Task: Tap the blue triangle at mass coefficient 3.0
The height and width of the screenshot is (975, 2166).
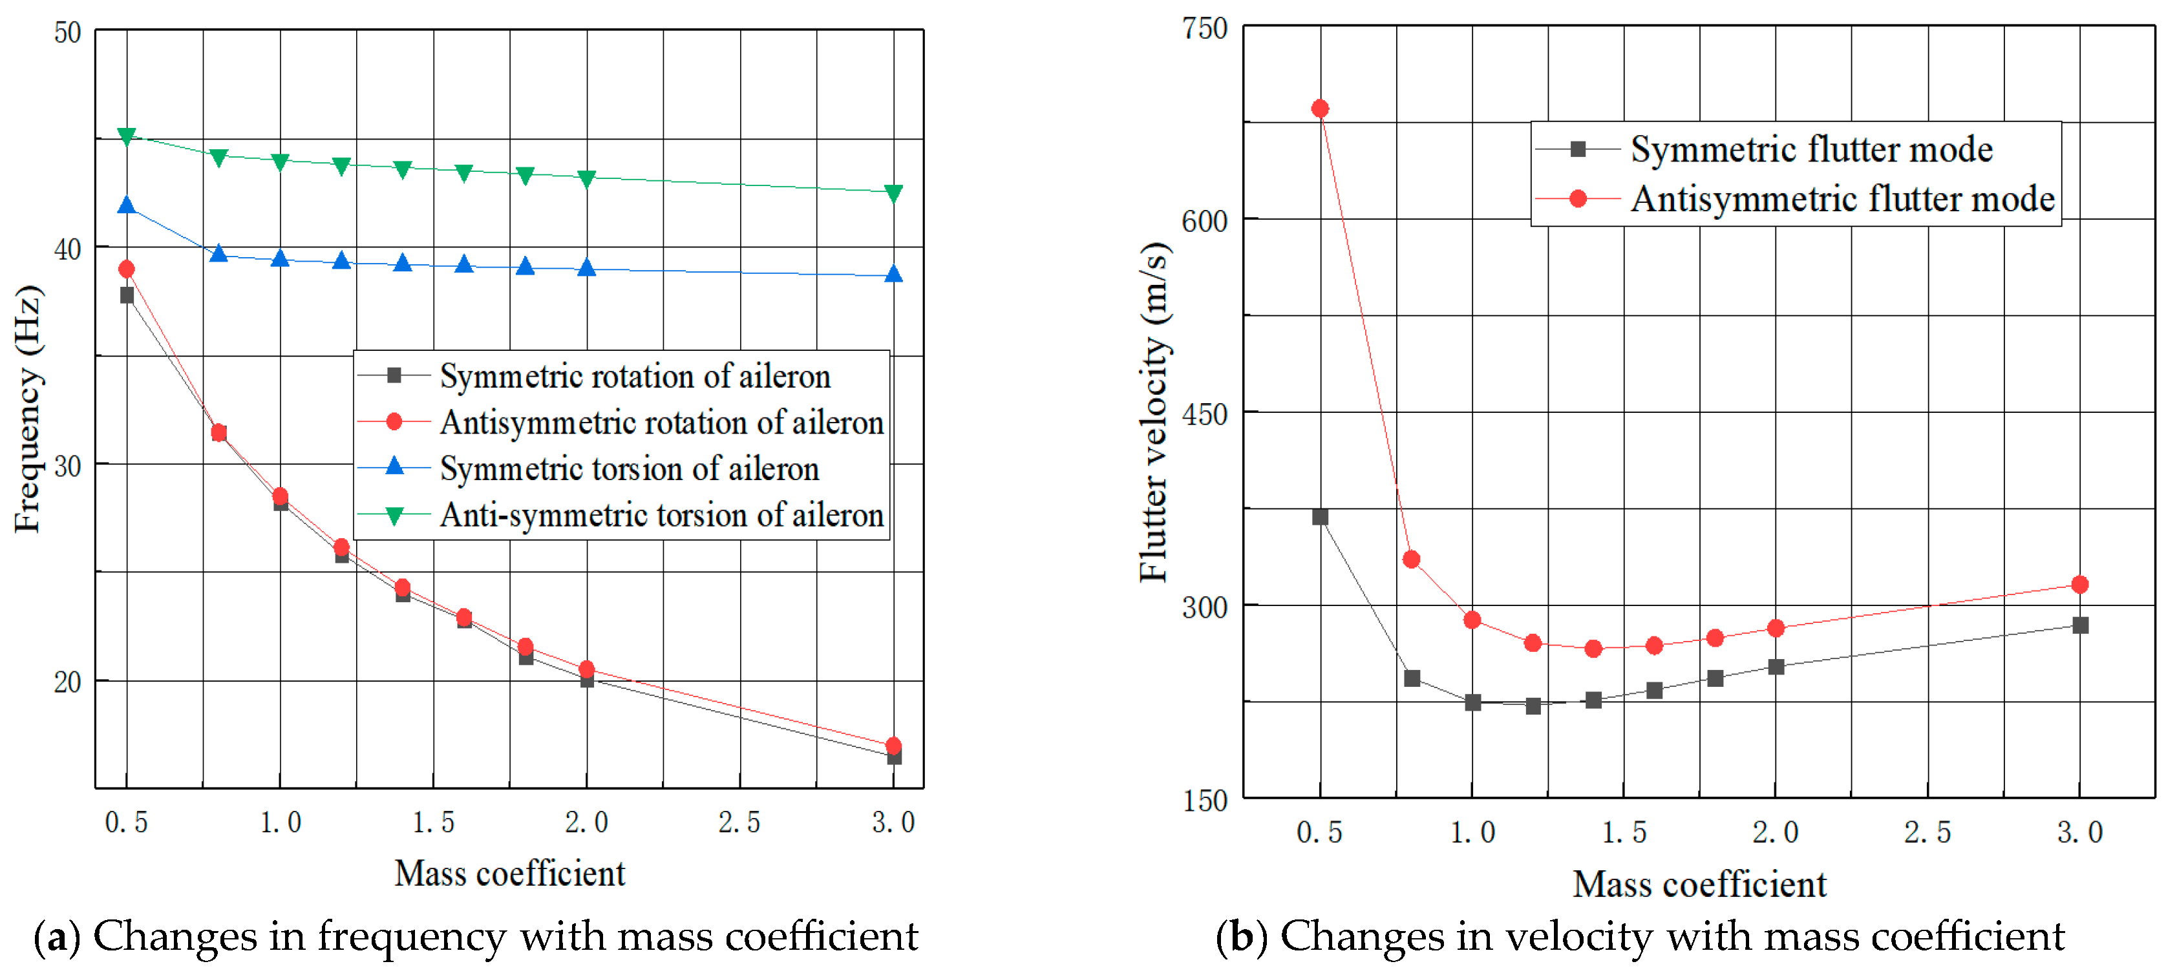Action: pyautogui.click(x=894, y=274)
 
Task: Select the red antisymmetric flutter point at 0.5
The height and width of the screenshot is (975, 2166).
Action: pyautogui.click(x=1320, y=109)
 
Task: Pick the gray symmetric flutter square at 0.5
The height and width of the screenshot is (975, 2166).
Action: pyautogui.click(x=1320, y=517)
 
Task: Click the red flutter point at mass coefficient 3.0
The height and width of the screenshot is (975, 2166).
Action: pyautogui.click(x=2080, y=584)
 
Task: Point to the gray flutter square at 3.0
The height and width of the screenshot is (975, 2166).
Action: pyautogui.click(x=2080, y=625)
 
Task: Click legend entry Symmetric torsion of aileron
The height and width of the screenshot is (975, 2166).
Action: pyautogui.click(x=629, y=469)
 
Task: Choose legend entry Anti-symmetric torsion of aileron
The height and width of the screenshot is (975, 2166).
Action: pyautogui.click(x=661, y=515)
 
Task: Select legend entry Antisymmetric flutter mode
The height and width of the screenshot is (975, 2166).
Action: pyautogui.click(x=1842, y=199)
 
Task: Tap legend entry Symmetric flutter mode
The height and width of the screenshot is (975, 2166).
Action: pyautogui.click(x=1811, y=150)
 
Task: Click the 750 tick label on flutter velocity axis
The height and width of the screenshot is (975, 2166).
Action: pyautogui.click(x=1205, y=30)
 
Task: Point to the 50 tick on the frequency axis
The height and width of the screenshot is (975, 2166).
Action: pyautogui.click(x=67, y=34)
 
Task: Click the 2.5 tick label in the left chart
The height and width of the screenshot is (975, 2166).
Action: pyautogui.click(x=739, y=822)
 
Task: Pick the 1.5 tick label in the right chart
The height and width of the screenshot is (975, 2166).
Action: pyautogui.click(x=1624, y=832)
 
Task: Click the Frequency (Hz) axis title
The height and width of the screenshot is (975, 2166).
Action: pyautogui.click(x=28, y=410)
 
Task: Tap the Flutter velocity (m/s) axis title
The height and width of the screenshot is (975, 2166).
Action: pyautogui.click(x=1154, y=412)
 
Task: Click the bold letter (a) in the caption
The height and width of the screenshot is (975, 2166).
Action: pyautogui.click(x=56, y=936)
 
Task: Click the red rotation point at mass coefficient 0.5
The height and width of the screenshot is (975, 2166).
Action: pyautogui.click(x=127, y=269)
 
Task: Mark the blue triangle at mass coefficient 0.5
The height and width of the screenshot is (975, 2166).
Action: pyautogui.click(x=127, y=205)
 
